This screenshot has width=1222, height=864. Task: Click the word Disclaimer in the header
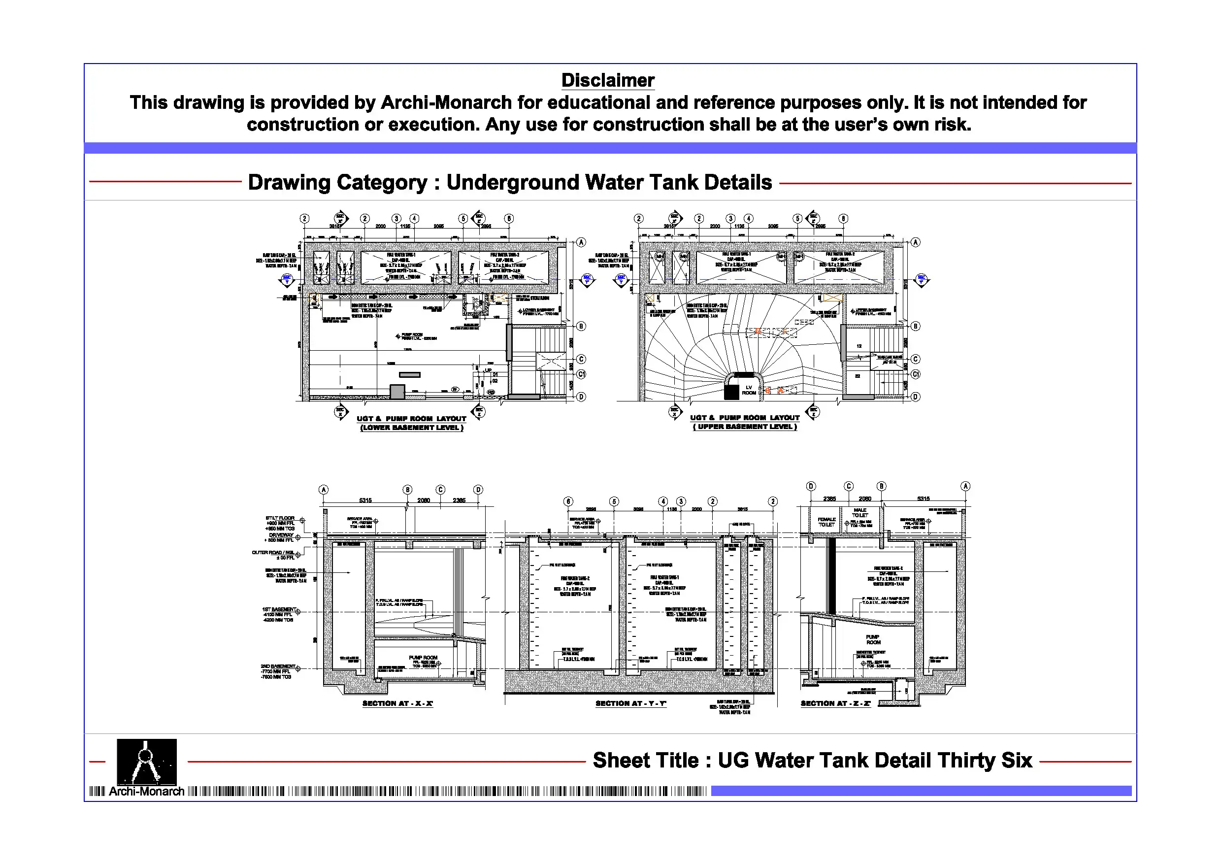pos(608,80)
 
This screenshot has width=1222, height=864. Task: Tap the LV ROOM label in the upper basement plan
pos(749,390)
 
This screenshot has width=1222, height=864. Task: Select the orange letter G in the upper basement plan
pos(758,331)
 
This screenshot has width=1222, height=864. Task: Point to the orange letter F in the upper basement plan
pos(785,331)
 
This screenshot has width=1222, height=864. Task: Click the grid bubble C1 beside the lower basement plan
pos(581,374)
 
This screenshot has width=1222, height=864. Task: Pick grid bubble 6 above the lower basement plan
pos(509,218)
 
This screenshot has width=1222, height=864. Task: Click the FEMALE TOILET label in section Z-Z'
pos(826,522)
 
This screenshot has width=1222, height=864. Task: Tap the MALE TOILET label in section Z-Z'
pos(860,513)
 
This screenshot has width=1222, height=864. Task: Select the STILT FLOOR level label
pos(280,518)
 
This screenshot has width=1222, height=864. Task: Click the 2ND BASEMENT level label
pos(278,666)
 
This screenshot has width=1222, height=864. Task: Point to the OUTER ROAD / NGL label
pos(273,553)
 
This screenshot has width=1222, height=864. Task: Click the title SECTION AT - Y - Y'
pos(630,703)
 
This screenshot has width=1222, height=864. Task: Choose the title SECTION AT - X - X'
pos(397,703)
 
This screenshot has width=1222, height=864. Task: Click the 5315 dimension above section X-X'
pos(365,500)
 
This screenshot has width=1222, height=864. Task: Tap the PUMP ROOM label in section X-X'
pos(423,658)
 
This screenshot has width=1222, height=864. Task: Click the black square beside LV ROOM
pos(732,392)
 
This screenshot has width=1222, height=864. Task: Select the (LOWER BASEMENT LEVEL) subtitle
pos(412,428)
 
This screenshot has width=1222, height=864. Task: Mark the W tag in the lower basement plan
pos(455,389)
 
